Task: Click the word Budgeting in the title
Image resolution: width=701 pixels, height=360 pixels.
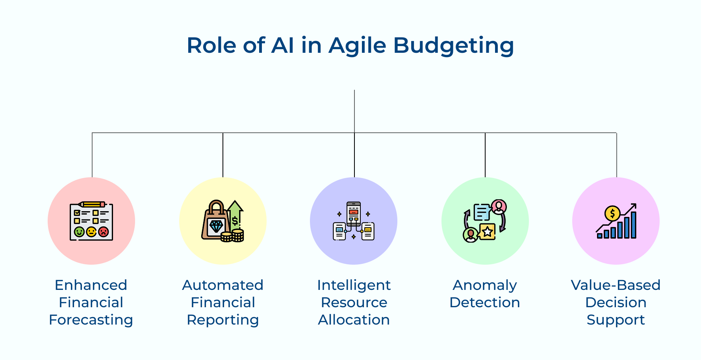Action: (453, 45)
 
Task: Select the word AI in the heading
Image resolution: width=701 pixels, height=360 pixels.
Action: (282, 45)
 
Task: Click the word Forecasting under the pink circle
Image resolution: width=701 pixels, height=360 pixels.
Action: (91, 320)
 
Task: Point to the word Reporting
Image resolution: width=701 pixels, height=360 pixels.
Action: (223, 320)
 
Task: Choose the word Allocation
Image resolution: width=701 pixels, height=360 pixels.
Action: (354, 320)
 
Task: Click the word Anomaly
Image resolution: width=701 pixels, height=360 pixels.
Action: (485, 285)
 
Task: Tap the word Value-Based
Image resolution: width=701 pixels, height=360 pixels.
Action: (616, 285)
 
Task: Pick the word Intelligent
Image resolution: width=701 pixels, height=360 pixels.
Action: (354, 285)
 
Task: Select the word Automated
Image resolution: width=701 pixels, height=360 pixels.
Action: (223, 285)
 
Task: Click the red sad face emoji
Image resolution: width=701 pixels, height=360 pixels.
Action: (103, 232)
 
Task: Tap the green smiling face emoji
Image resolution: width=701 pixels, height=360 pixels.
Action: (79, 232)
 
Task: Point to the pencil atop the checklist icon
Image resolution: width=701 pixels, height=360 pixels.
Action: (92, 204)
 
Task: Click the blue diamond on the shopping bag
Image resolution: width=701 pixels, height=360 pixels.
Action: (216, 226)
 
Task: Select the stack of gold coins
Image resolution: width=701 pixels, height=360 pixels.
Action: (233, 236)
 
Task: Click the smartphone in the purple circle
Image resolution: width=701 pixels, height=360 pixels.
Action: (354, 213)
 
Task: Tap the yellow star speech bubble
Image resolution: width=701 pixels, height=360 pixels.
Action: (488, 231)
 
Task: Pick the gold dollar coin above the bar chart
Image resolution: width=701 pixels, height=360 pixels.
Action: (612, 214)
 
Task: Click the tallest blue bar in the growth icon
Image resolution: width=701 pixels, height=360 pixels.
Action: (634, 225)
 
